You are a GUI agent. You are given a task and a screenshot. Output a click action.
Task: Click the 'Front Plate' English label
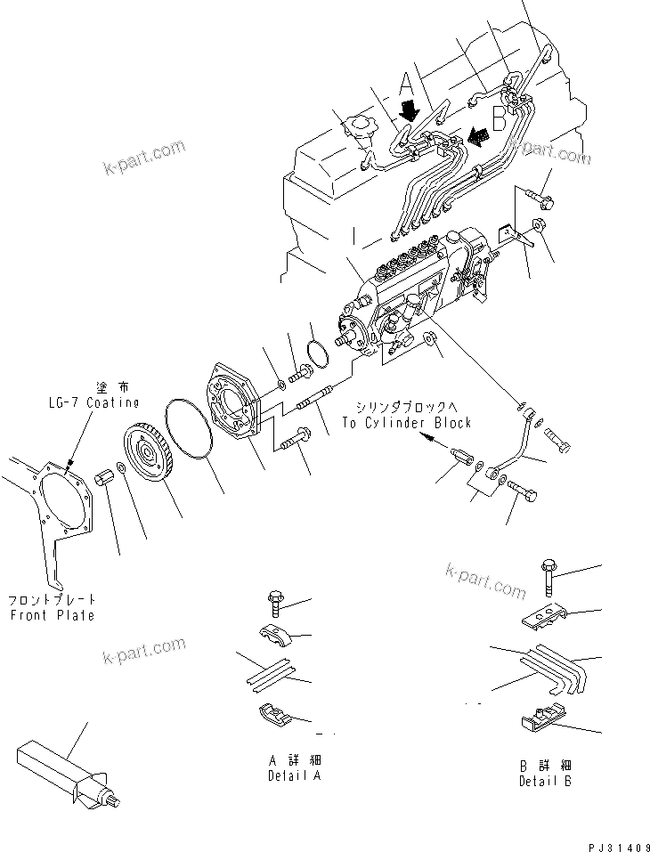[52, 615]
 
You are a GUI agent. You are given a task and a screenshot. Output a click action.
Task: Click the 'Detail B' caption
[545, 781]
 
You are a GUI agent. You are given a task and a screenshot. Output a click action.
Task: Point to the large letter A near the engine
[406, 85]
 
